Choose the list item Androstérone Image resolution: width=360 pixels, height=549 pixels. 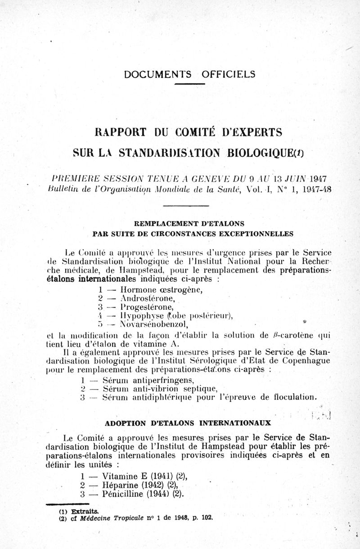click(x=141, y=298)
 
